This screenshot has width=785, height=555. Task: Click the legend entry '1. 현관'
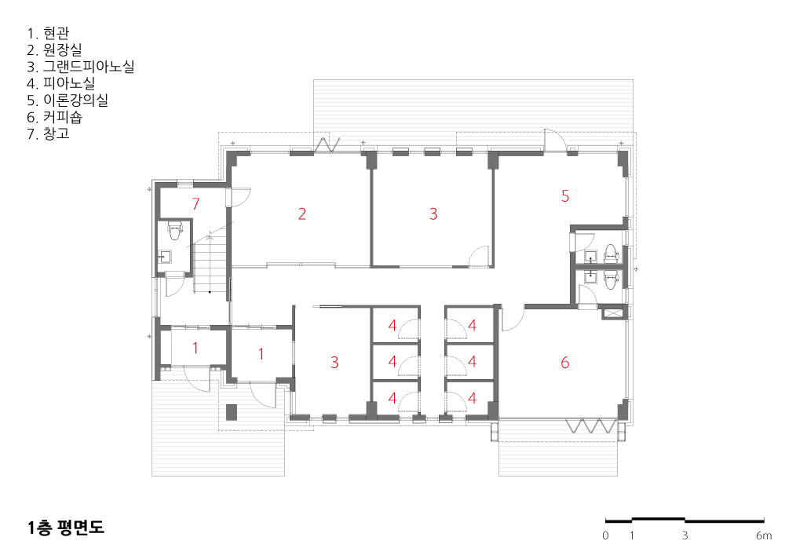pos(48,34)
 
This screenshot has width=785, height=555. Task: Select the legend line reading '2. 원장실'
pos(55,50)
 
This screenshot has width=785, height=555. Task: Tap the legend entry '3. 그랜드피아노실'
pos(81,67)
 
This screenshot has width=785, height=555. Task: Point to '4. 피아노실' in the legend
pos(61,83)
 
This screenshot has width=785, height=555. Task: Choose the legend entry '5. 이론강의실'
pos(68,100)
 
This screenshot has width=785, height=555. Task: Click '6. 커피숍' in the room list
pos(55,117)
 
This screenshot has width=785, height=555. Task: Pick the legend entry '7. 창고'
pos(48,133)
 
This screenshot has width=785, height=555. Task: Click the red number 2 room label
pos(302,214)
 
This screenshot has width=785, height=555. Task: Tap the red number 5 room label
pos(565,196)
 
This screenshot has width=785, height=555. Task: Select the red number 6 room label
pos(565,363)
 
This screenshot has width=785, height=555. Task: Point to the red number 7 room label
pos(195,204)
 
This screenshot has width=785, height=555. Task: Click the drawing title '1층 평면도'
pos(66,528)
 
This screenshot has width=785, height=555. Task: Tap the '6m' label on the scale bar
pos(764,535)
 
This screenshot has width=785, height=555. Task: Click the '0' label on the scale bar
pos(605,535)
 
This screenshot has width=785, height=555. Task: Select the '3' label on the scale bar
pos(685,535)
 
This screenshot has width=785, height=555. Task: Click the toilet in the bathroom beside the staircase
pos(174,230)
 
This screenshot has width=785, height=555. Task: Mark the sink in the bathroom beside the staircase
pos(165,257)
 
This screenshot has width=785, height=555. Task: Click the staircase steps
pos(211,265)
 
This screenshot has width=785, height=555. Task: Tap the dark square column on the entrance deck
pos(232,412)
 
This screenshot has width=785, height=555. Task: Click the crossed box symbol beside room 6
pos(612,314)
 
